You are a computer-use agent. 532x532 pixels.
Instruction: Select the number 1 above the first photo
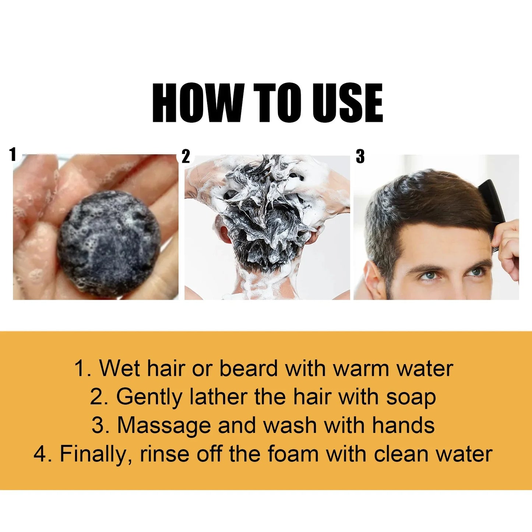13,154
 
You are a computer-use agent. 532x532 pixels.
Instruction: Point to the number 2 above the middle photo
186,156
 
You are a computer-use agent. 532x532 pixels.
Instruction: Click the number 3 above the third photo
360,156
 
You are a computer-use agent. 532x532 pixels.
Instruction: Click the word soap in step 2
411,398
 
